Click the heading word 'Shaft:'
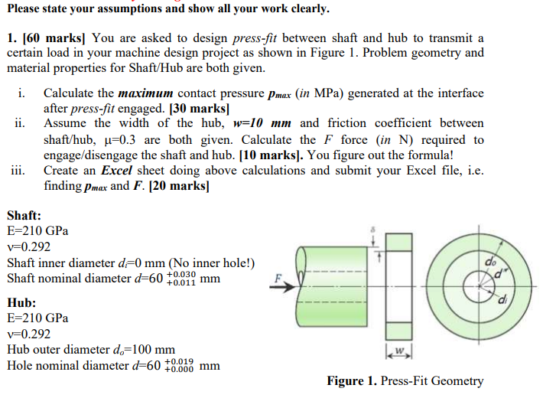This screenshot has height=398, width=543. tap(24, 216)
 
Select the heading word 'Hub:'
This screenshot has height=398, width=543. tap(21, 303)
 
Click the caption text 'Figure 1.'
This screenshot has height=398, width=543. tap(353, 380)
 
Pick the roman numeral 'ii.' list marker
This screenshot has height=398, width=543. tap(21, 123)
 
